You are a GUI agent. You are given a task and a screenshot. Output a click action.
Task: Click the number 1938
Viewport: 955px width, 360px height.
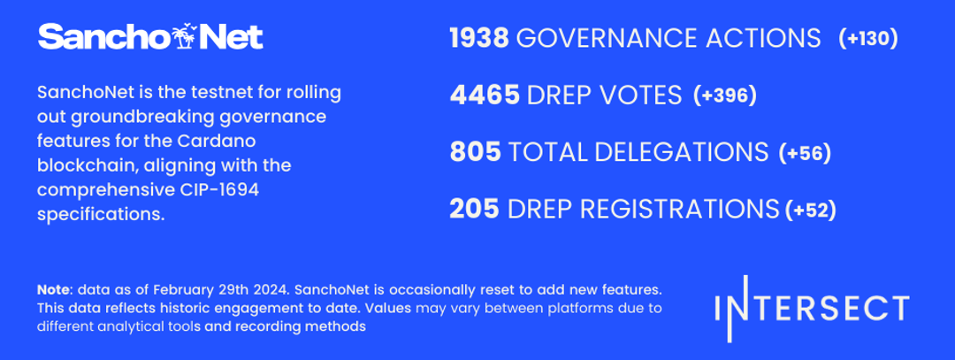point(479,38)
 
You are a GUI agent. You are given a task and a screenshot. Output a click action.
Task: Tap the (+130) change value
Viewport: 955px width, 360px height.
point(868,39)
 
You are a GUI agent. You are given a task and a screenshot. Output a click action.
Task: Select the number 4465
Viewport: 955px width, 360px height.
point(485,96)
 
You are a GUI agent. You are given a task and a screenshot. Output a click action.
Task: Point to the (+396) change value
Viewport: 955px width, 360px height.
point(725,96)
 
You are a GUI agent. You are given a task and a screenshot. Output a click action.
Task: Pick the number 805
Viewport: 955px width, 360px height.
point(475,152)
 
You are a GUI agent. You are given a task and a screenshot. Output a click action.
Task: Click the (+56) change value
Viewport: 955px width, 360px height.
point(805,153)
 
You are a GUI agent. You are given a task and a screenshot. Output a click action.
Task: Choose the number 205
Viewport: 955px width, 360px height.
point(475,209)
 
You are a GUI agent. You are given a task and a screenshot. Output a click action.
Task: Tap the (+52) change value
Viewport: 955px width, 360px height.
point(811,211)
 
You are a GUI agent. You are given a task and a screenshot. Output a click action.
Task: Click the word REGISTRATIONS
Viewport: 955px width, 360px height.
point(679,209)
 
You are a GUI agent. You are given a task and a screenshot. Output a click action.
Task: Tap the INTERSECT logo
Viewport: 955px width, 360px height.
point(813,308)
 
